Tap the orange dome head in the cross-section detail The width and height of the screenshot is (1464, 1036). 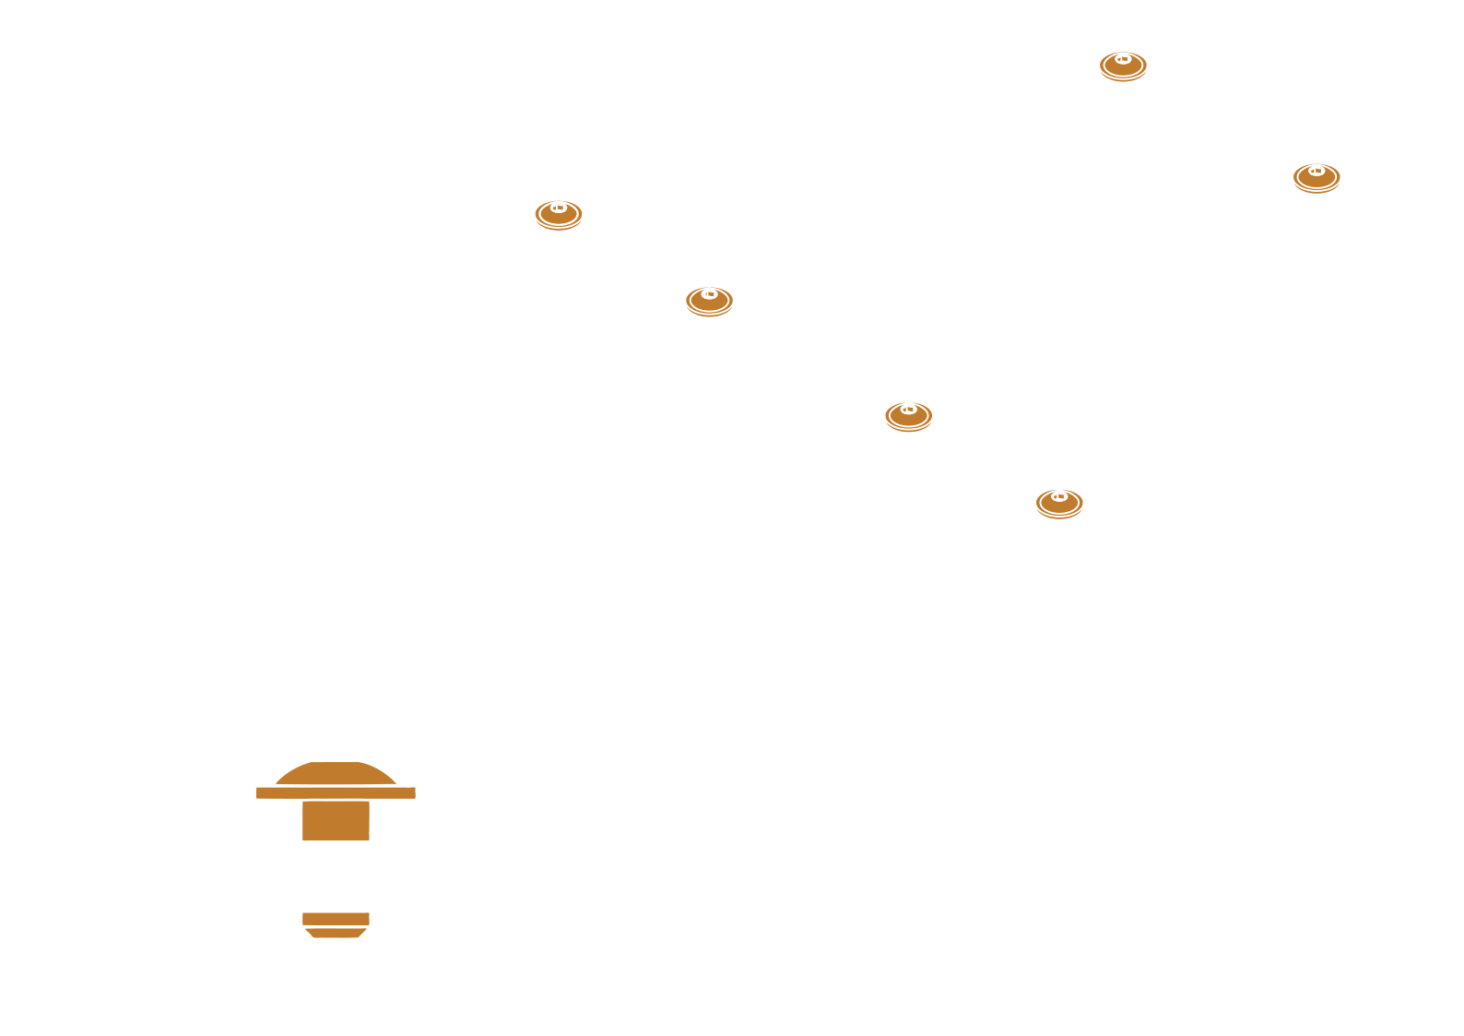pyautogui.click(x=335, y=775)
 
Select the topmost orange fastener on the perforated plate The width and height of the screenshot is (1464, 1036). pyautogui.click(x=1123, y=65)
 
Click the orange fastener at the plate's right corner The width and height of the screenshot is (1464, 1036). pyautogui.click(x=1316, y=177)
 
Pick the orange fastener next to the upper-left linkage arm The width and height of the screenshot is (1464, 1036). pyautogui.click(x=559, y=214)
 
